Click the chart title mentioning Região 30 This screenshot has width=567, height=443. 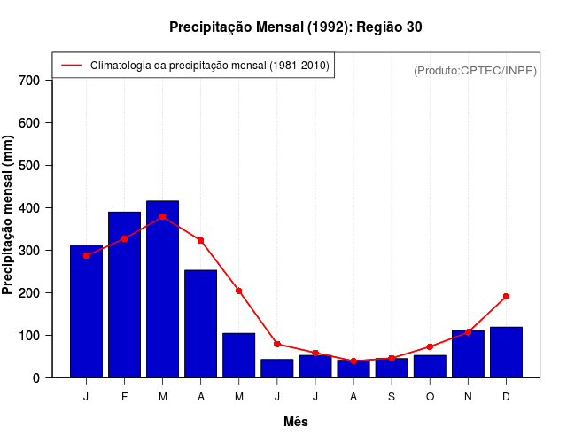[x=296, y=27]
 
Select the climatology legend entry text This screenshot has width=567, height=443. [x=210, y=66]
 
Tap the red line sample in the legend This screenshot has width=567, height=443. [x=71, y=66]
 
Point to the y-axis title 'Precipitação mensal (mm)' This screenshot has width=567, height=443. [x=9, y=214]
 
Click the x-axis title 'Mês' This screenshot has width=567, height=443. [x=296, y=422]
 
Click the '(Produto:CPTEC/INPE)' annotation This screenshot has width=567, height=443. [x=475, y=71]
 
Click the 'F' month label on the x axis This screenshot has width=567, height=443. [x=125, y=397]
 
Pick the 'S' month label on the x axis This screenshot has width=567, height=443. [x=392, y=397]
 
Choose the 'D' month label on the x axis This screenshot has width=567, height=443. [x=506, y=397]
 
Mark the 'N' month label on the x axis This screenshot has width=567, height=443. [x=468, y=397]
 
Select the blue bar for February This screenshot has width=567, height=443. [x=125, y=295]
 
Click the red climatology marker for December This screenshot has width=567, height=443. [x=506, y=296]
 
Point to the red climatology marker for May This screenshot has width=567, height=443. [x=239, y=291]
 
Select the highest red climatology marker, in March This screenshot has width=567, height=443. [x=163, y=216]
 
